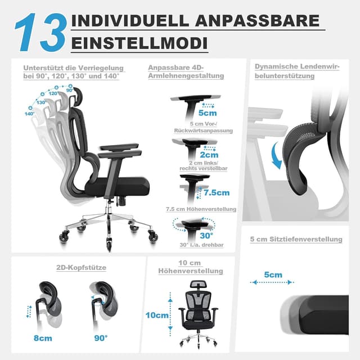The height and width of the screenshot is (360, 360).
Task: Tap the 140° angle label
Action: coord(29,114)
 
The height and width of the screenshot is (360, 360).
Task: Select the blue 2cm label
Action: coord(209,155)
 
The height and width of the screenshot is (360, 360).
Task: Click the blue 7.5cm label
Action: coord(216,192)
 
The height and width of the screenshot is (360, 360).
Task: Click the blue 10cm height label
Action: coord(156,315)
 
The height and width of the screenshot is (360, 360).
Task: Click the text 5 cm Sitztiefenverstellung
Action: coord(296,239)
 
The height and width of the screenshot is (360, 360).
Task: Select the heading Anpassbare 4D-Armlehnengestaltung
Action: coord(186,71)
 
